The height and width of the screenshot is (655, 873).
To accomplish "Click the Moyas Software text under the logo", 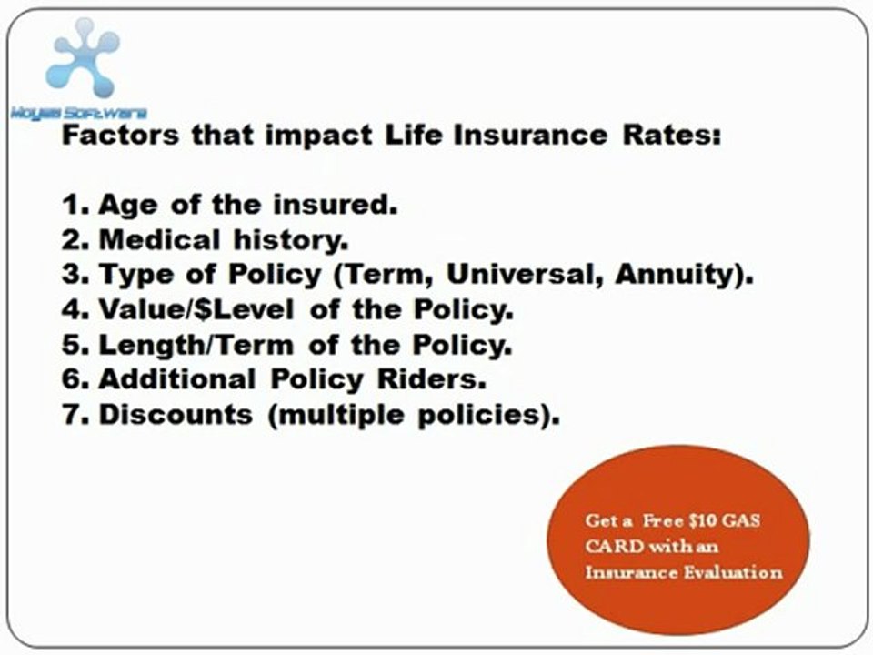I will [78, 113].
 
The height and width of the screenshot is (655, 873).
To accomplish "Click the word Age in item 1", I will [129, 205].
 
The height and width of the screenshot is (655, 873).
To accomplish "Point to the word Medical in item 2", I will [159, 240].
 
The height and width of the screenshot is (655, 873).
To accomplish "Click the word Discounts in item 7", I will [175, 415].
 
